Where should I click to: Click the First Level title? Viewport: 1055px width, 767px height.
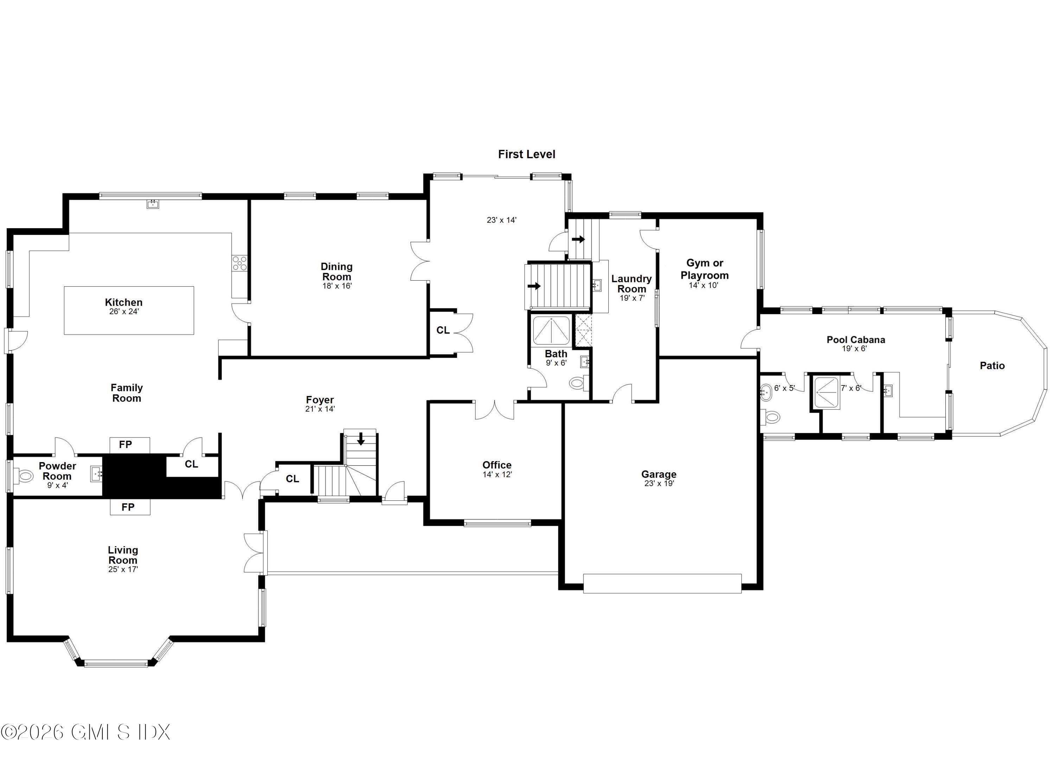click(x=526, y=154)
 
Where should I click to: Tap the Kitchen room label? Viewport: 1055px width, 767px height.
click(x=124, y=302)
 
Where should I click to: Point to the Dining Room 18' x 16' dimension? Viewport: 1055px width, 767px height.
click(x=337, y=286)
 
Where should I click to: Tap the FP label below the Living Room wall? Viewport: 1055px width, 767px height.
click(x=128, y=507)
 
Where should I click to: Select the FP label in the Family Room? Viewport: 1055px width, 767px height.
click(x=126, y=445)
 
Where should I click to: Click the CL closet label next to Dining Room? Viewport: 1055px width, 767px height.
click(x=443, y=330)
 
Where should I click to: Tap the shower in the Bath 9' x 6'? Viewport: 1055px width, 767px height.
click(x=551, y=331)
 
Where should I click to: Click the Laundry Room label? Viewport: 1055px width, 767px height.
click(x=631, y=284)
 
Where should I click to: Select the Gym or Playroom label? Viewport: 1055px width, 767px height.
click(x=704, y=269)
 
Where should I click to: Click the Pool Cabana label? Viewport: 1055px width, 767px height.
click(x=856, y=340)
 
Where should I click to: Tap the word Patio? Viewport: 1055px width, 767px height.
click(x=992, y=366)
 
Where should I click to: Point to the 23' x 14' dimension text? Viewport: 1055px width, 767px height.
click(x=501, y=220)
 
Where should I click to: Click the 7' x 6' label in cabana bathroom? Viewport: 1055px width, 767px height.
click(x=851, y=388)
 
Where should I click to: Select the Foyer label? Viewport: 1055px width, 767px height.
click(x=320, y=400)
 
